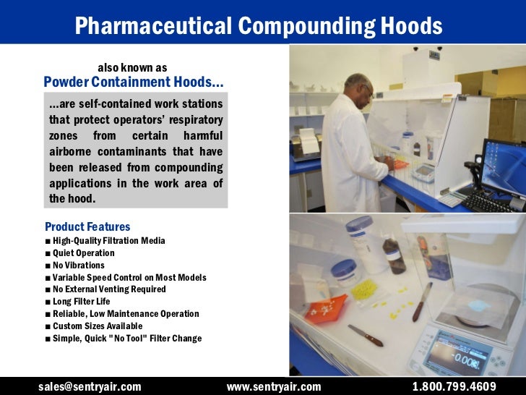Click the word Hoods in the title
pyautogui.click(x=408, y=26)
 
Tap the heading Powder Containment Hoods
pyautogui.click(x=134, y=82)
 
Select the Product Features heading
pyautogui.click(x=87, y=226)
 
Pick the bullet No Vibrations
pyautogui.click(x=78, y=266)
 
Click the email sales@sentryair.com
pyautogui.click(x=90, y=386)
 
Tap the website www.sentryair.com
pyautogui.click(x=274, y=386)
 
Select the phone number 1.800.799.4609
pyautogui.click(x=454, y=386)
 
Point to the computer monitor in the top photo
pyautogui.click(x=504, y=165)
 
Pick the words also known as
pyautogui.click(x=132, y=68)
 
